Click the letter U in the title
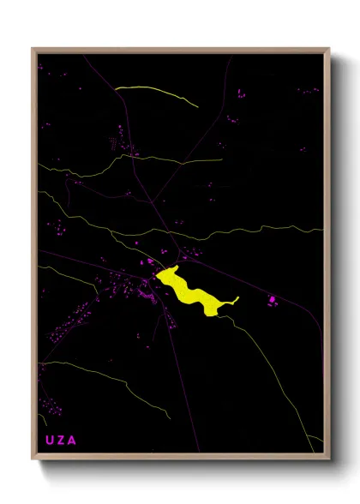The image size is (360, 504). (49, 440)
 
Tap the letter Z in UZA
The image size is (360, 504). (61, 440)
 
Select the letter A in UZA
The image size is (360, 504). (73, 440)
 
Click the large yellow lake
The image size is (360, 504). (193, 291)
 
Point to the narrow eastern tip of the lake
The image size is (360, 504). (236, 299)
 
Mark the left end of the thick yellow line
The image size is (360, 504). (116, 87)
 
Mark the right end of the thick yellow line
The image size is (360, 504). (197, 106)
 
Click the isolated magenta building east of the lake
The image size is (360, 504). (273, 298)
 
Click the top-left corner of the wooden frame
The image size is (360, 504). (33, 48)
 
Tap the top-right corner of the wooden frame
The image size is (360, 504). (330, 48)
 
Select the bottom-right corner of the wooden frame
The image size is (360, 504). (330, 459)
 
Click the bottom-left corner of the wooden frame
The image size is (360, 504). (33, 459)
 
